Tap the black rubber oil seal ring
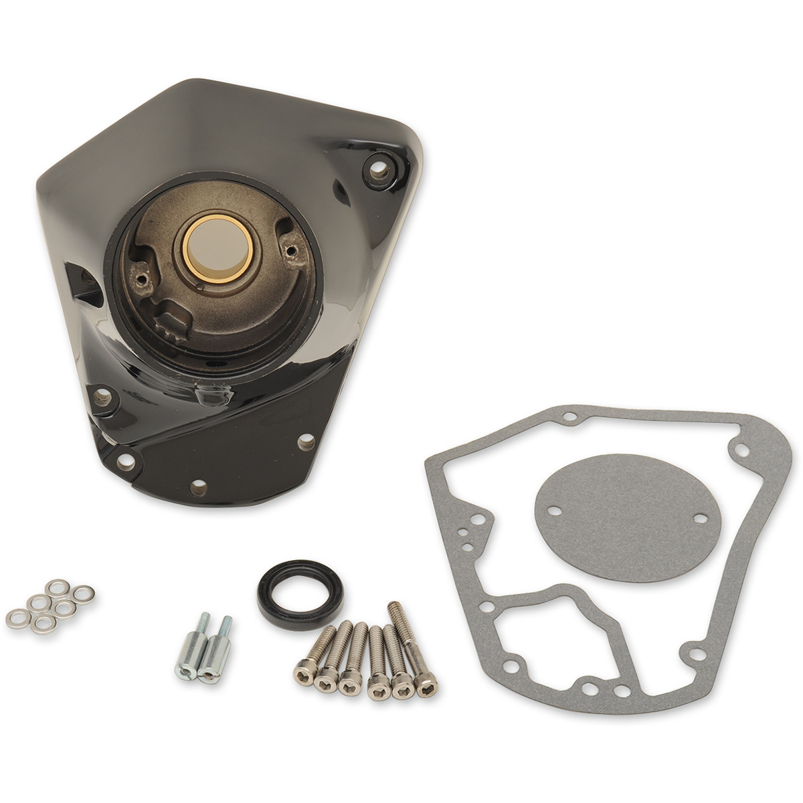click(x=300, y=594)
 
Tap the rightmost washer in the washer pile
click(x=84, y=594)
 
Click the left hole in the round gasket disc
click(x=555, y=509)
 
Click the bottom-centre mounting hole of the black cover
click(x=198, y=487)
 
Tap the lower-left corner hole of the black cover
click(x=124, y=461)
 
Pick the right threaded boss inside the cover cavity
click(x=290, y=250)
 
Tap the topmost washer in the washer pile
click(x=58, y=587)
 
